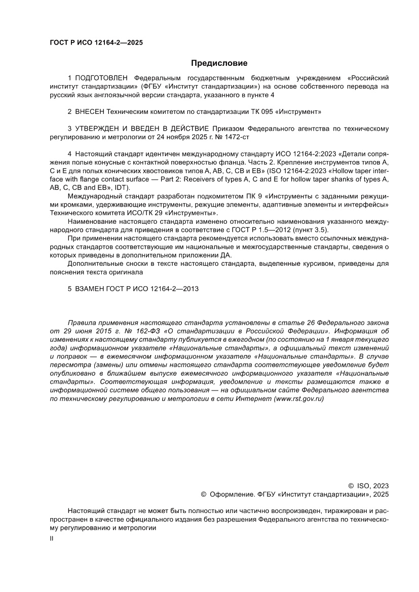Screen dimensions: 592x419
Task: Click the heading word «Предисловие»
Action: click(x=219, y=63)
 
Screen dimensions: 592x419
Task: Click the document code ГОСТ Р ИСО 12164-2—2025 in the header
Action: click(x=96, y=43)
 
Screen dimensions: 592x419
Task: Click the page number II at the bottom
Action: click(x=51, y=539)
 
